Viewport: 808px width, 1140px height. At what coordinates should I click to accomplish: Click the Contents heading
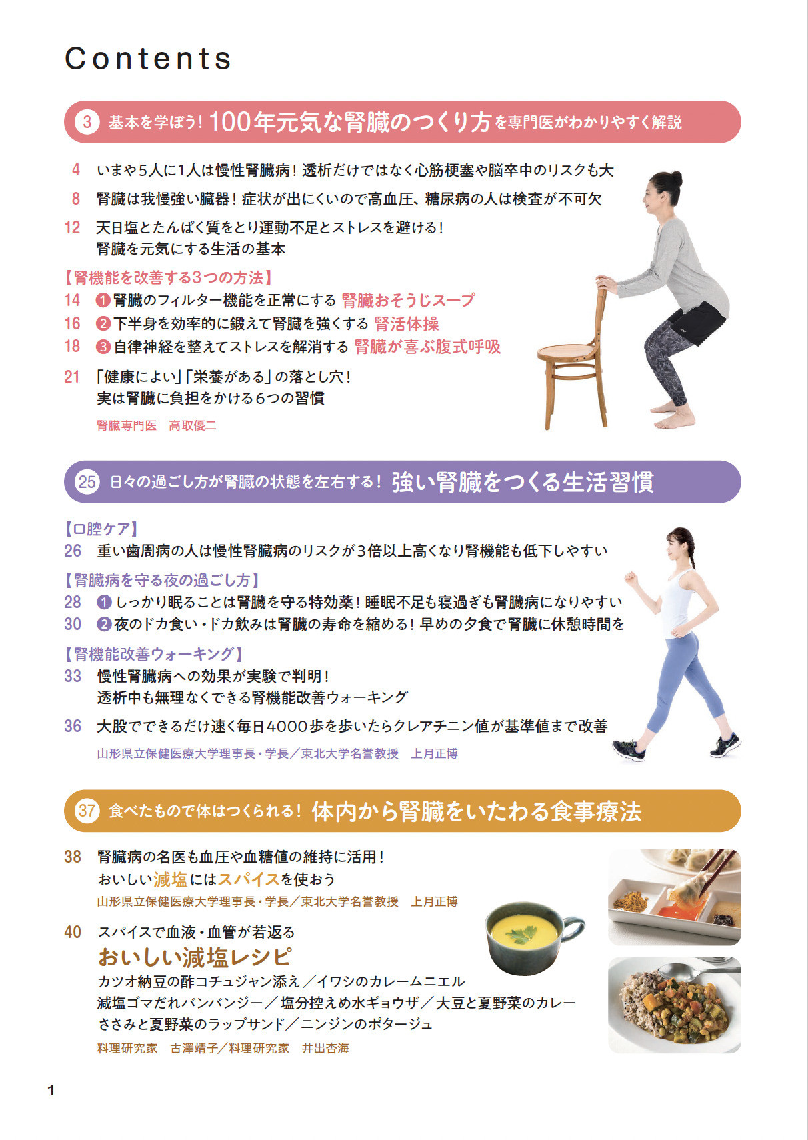coord(148,59)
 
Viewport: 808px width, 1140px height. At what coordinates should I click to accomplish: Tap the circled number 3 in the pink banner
coord(87,122)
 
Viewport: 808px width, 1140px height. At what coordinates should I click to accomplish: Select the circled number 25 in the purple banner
coord(87,481)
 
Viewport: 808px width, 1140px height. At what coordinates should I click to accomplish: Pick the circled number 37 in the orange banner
coord(87,810)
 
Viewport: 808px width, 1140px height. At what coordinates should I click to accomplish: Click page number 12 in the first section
coord(72,227)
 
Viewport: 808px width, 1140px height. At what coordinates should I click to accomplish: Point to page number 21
coord(72,377)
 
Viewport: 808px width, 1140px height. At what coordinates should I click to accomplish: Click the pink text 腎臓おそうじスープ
coord(408,300)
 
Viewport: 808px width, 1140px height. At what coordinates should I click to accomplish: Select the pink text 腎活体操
coord(407,324)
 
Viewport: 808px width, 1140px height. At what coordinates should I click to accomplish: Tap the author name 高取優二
coord(192,425)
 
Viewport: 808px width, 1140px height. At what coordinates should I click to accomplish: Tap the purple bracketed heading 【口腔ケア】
coord(101,529)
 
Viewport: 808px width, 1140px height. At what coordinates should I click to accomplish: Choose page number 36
coord(72,726)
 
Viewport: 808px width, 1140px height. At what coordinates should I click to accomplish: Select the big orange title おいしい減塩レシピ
coord(195,957)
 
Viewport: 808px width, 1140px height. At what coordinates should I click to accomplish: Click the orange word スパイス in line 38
coord(248,879)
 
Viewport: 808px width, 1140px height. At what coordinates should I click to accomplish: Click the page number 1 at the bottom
coord(51,1090)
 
